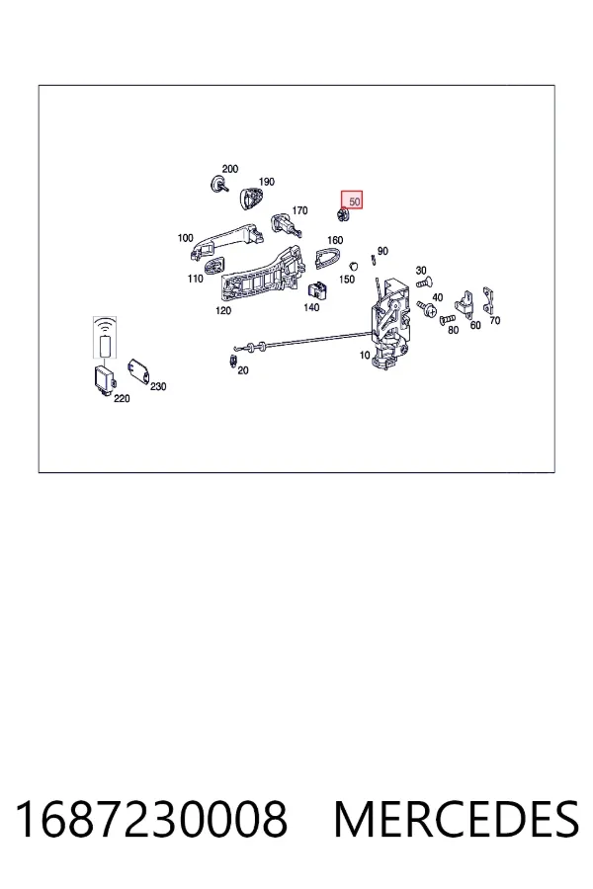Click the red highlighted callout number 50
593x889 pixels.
click(354, 202)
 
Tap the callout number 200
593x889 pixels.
click(230, 169)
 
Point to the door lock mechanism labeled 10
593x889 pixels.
click(390, 323)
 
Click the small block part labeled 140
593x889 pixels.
click(318, 289)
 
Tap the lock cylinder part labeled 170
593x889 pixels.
click(286, 224)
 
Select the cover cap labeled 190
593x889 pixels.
click(250, 198)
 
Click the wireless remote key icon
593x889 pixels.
click(105, 338)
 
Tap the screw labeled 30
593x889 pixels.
click(424, 282)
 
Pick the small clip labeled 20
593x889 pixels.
click(232, 361)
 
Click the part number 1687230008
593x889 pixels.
click(151, 819)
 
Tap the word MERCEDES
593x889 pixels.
click(457, 819)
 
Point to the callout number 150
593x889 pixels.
click(347, 279)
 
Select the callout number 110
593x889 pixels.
click(196, 279)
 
